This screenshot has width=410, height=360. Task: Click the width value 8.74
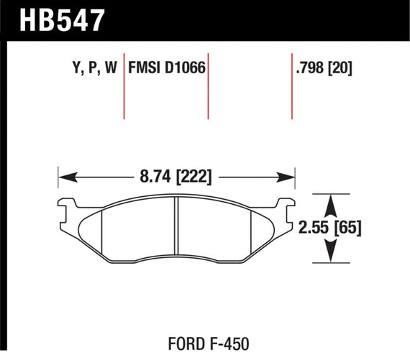pyautogui.click(x=153, y=175)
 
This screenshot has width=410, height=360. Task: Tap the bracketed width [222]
pyautogui.click(x=192, y=175)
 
